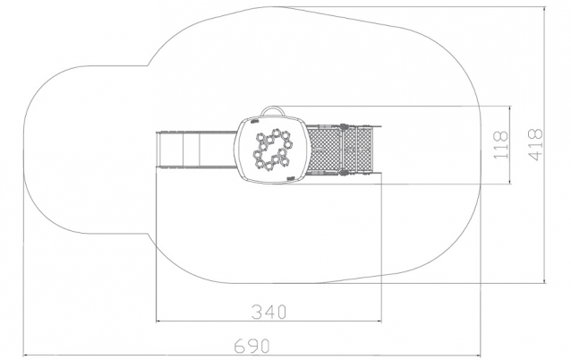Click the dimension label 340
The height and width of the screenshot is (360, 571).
coord(269,313)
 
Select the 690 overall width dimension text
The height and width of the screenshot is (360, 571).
coord(251,346)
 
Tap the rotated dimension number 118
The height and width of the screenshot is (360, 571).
coord(501,145)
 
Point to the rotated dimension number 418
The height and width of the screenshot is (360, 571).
coord(535,144)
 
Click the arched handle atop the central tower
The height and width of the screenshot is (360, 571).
coord(272,107)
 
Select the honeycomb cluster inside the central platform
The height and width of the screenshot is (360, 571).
coord(273,149)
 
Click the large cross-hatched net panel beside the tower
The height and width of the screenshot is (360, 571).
coord(325,149)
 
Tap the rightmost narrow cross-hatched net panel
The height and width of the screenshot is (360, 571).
coord(364,149)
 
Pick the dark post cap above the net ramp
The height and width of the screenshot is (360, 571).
coord(342,127)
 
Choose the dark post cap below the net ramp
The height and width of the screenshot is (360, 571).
coord(342,172)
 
